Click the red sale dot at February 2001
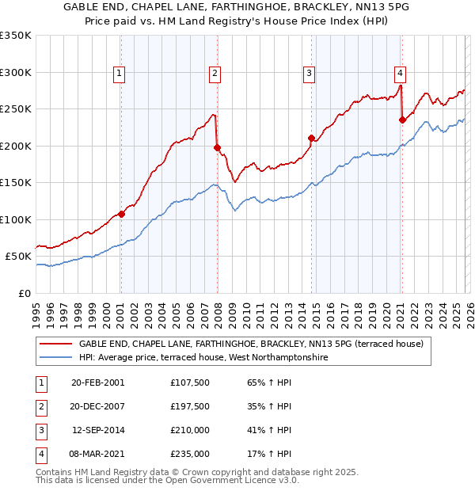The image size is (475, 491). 121,214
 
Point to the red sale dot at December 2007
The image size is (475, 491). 217,147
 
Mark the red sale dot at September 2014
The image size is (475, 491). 311,138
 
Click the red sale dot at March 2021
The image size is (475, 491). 402,120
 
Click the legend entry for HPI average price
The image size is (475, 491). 203,358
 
